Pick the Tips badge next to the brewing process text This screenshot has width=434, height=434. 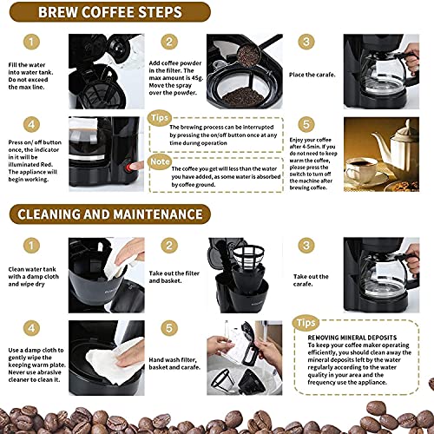[x=163, y=116]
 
